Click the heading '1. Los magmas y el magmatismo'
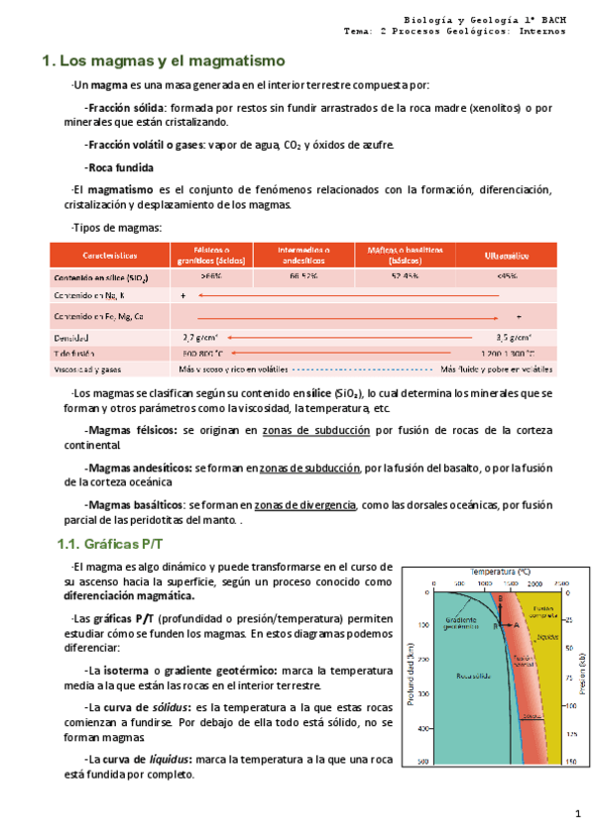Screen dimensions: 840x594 [164, 62]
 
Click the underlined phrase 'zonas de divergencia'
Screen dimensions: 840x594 [306, 505]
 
